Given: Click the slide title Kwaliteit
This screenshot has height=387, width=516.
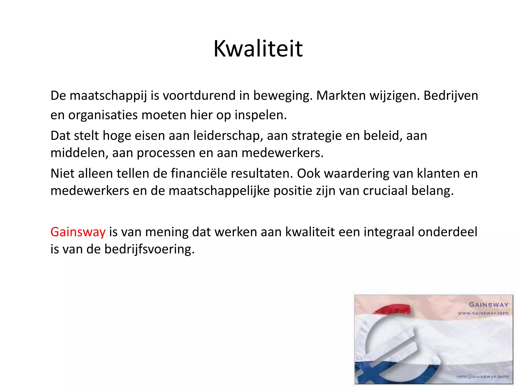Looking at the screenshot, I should (258, 49).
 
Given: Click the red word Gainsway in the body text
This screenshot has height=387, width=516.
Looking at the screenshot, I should (78, 232).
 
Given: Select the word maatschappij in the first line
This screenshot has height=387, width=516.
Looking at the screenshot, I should (108, 96).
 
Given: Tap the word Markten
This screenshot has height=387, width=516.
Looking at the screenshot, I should (341, 96).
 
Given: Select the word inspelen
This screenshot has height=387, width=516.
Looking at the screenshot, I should (261, 115).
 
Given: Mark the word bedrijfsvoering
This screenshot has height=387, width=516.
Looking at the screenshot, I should (149, 249).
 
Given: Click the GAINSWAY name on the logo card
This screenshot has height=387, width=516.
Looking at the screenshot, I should (488, 305).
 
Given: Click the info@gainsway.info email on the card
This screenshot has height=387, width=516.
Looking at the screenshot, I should (482, 377).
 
